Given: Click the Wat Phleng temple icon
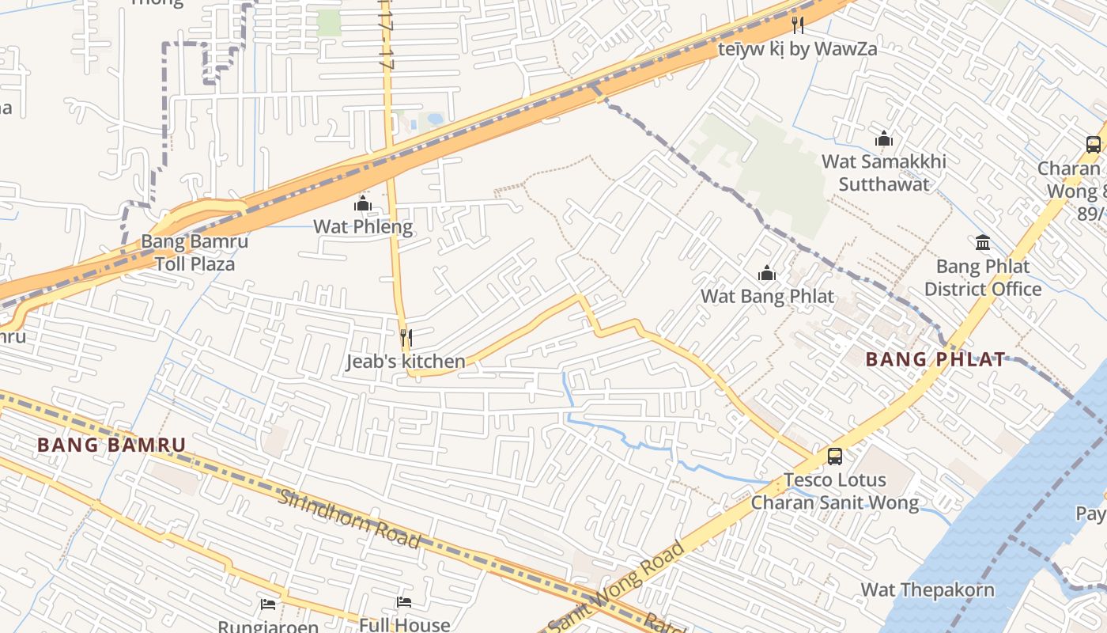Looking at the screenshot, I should click(x=363, y=203).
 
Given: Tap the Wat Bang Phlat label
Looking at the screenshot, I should click(x=767, y=297).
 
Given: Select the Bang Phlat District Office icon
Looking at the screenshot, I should click(x=983, y=242).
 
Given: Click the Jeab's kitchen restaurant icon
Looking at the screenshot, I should click(x=406, y=338).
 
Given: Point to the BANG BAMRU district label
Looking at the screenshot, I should click(x=111, y=445).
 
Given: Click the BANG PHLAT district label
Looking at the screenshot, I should click(x=935, y=359).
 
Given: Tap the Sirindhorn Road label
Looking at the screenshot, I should click(x=349, y=518).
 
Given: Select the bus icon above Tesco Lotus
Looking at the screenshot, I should click(x=834, y=456).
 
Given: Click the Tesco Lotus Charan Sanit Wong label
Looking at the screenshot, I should click(x=834, y=491).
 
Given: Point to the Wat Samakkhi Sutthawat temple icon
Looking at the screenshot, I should click(x=884, y=138).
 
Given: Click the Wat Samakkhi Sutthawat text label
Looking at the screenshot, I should click(x=883, y=172).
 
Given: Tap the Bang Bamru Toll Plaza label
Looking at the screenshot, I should click(x=195, y=252).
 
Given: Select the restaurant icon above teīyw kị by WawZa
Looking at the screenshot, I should click(x=797, y=25).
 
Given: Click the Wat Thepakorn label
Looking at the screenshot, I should click(x=928, y=589).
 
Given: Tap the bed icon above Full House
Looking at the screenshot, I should click(x=404, y=602).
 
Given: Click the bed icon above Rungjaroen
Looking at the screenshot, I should click(x=268, y=605).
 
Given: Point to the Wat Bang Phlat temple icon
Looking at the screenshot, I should click(x=766, y=274).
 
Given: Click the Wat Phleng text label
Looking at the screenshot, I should click(x=363, y=226).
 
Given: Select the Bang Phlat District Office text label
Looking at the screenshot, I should click(x=983, y=278).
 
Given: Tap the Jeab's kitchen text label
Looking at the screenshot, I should click(x=406, y=362).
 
